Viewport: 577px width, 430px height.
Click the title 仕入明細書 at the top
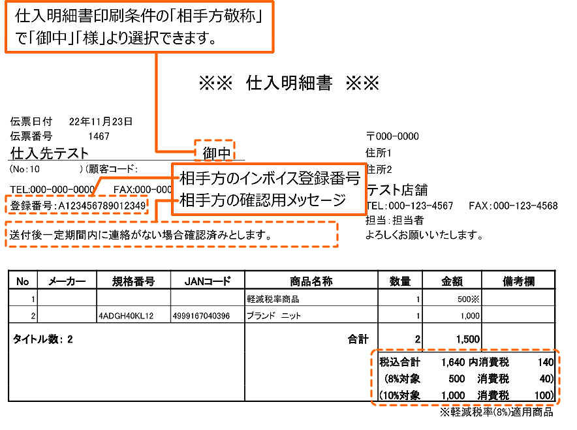[x=289, y=84]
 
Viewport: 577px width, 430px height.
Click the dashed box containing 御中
[x=215, y=153]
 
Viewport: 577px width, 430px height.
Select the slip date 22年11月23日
[x=101, y=121]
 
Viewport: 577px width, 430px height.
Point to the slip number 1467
[x=99, y=136]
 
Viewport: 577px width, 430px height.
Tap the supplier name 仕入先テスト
[x=50, y=154]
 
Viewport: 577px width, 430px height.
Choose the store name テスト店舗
[x=398, y=191]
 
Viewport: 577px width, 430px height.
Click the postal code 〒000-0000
[x=392, y=136]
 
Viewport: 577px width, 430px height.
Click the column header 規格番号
[x=133, y=282]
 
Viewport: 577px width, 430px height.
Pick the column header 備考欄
[x=518, y=282]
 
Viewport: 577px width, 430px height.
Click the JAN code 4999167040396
[x=202, y=316]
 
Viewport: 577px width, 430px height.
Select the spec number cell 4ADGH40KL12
[x=126, y=316]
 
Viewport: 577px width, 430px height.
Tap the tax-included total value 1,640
[x=452, y=361]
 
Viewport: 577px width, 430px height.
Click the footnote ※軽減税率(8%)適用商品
[x=496, y=412]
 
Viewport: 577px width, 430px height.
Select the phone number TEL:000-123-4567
[x=410, y=206]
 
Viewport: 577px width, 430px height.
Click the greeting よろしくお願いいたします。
[x=425, y=234]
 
